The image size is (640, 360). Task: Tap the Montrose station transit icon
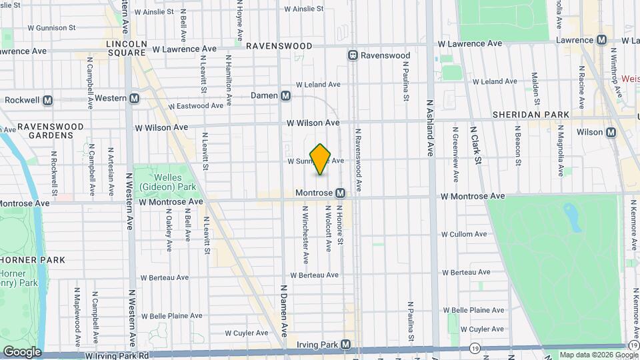pos(340,193)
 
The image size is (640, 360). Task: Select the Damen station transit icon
pos(285,95)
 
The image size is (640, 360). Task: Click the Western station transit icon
pos(135,98)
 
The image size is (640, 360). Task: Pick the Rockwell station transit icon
pos(47,100)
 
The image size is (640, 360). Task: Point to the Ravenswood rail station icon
pos(353,55)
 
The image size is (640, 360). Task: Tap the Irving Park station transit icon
pos(345,345)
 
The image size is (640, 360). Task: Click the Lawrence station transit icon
pos(601,40)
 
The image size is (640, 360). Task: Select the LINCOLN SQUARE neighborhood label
pos(126,48)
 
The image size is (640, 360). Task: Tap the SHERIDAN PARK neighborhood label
pos(531,115)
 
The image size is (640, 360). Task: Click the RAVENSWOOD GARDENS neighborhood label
pos(50,131)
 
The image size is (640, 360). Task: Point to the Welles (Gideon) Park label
pos(163,181)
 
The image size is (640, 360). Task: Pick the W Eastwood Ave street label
pos(196,106)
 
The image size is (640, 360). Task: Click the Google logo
pos(22,351)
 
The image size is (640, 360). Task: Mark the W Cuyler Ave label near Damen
pos(246,333)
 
